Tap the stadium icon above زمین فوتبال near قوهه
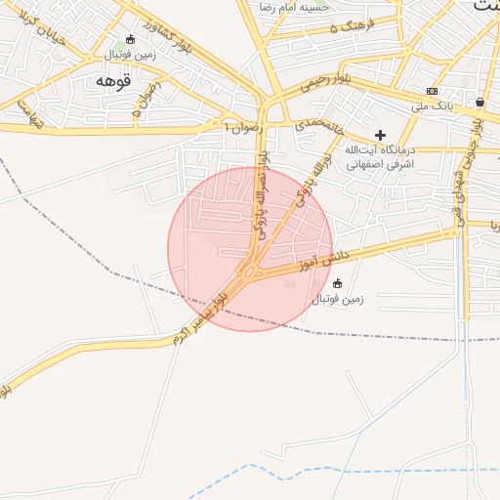[130, 39]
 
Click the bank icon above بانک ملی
[432, 91]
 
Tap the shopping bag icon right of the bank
[479, 102]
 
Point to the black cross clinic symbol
[380, 135]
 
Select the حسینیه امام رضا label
[295, 7]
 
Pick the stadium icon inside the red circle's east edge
[338, 283]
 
